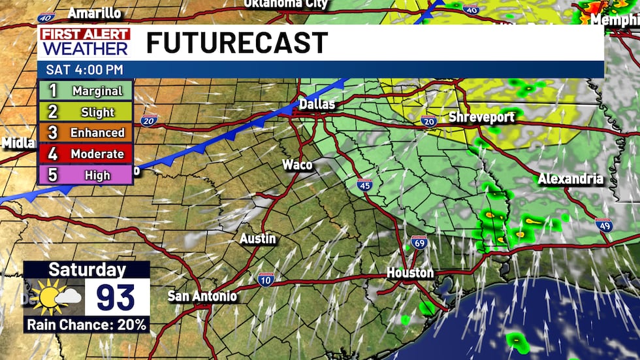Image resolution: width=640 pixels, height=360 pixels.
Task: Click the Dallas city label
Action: tap(317, 105)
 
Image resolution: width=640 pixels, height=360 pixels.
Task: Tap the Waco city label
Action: tap(297, 165)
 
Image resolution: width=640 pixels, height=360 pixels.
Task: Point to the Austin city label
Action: tap(258, 239)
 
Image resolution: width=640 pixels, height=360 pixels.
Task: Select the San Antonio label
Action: tap(202, 296)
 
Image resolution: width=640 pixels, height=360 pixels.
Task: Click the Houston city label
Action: tap(410, 272)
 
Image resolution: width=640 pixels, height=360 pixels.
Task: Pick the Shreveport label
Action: tap(483, 118)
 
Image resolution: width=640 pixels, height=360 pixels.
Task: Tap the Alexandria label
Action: tap(570, 179)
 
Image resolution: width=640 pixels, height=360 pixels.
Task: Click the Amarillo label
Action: tap(95, 13)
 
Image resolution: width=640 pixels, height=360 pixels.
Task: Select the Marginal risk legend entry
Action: tap(86, 91)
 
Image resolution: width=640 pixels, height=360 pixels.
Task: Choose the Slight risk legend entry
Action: tap(86, 112)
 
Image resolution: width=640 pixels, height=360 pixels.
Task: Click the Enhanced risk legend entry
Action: tap(86, 133)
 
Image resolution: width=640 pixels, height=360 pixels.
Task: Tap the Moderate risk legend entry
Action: tap(86, 154)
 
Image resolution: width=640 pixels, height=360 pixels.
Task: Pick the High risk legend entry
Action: tap(86, 175)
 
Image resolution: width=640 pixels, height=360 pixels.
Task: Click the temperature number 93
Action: tap(116, 298)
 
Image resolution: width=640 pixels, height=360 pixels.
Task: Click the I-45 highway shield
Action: tap(365, 184)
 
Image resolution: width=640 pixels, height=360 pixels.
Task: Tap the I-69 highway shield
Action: tap(419, 242)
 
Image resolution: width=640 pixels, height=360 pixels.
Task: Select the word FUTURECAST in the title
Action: tap(236, 43)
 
